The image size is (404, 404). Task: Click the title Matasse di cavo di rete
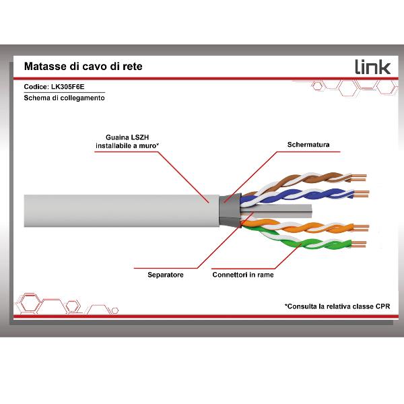tap(83, 67)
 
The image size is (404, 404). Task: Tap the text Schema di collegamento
tap(64, 98)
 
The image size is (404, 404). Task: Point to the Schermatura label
tap(309, 144)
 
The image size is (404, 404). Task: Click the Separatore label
tap(165, 275)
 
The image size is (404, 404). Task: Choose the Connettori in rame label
tap(242, 275)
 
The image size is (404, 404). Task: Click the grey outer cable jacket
tap(114, 207)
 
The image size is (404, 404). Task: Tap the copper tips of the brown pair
tap(358, 178)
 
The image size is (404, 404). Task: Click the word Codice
tap(35, 86)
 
